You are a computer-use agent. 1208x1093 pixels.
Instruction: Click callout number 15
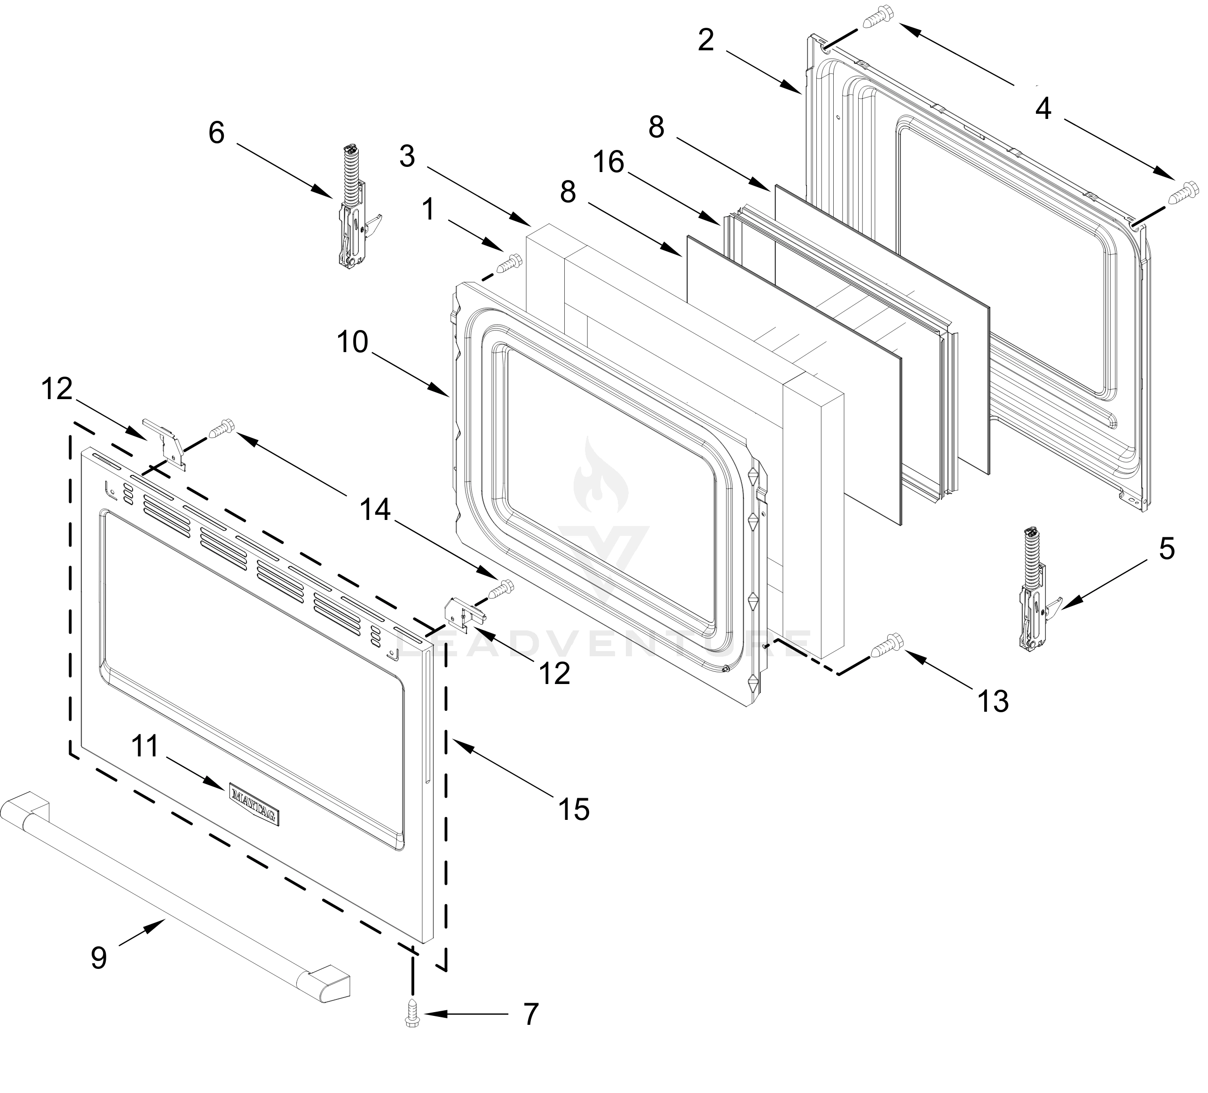(x=574, y=810)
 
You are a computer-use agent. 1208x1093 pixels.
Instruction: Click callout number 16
(x=609, y=162)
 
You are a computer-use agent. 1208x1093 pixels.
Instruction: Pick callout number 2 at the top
(x=706, y=41)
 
